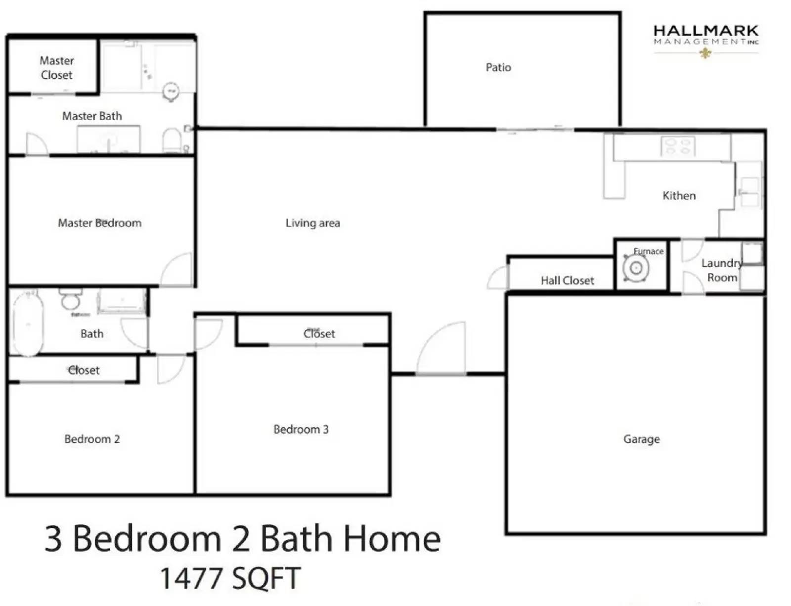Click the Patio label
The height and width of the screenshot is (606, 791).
pos(498,67)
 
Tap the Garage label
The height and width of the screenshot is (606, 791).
pos(641,439)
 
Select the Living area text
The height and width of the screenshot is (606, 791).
pos(312,223)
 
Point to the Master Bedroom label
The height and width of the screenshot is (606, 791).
pos(99,223)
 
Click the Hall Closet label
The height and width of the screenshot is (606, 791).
pos(567,280)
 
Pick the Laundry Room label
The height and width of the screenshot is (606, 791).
pos(721,270)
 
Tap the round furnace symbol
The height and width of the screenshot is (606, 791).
pos(636,269)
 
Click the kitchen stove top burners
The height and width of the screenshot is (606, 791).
pos(678,146)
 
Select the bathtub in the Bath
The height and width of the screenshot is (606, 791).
pos(27,323)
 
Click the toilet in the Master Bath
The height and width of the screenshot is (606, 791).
pos(172,140)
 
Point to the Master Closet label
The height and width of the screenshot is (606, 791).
pos(56,68)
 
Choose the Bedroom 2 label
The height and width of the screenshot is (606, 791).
pos(92,439)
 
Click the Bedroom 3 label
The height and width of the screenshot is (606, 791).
pos(301,429)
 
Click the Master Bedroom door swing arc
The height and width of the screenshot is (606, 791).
pos(176,270)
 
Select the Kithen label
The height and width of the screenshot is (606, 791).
pos(679,196)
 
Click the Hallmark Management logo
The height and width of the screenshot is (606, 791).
pos(705,40)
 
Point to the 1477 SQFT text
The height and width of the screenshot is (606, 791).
pos(230,578)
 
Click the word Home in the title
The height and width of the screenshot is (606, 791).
pos(391,539)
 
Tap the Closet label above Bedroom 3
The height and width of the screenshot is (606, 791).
pos(319,334)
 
